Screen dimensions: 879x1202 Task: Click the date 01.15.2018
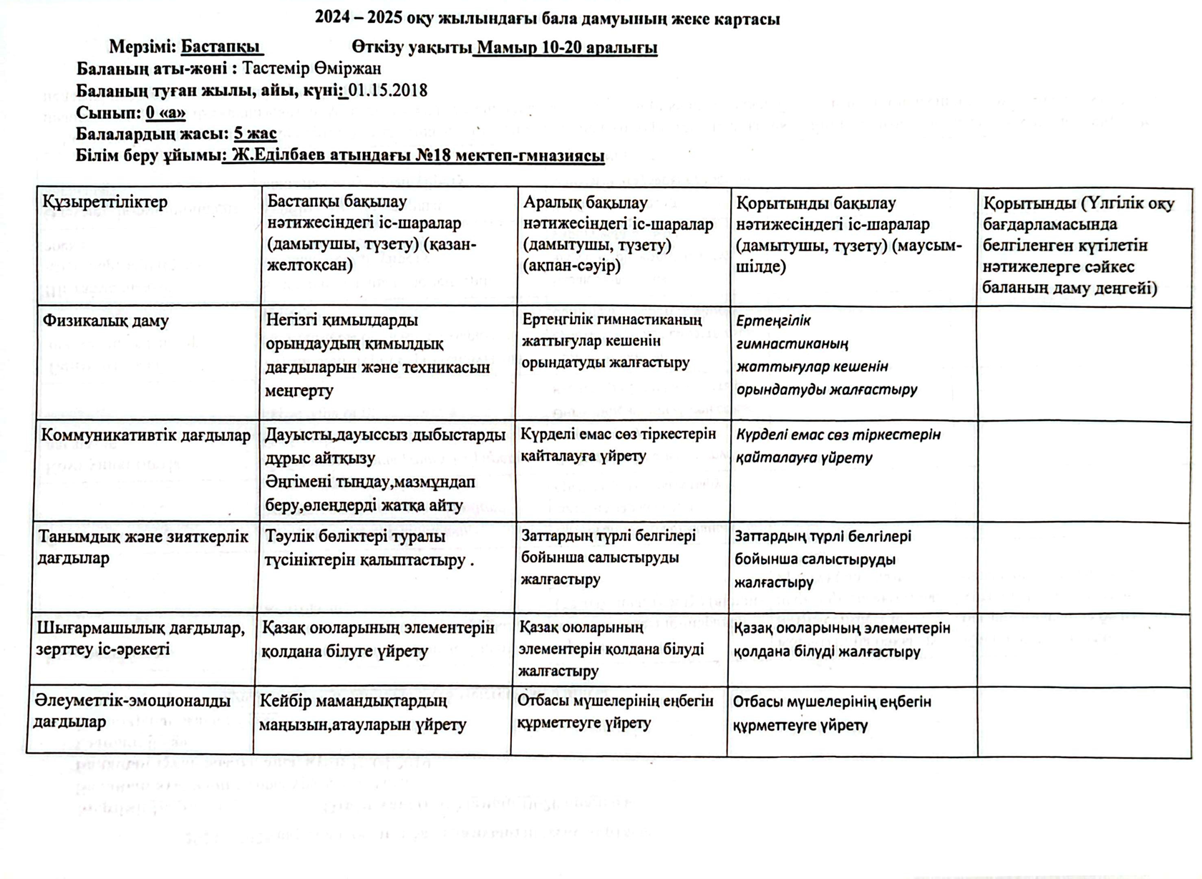click(388, 90)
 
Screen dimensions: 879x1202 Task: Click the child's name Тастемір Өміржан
click(311, 69)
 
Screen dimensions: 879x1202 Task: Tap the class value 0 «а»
click(165, 112)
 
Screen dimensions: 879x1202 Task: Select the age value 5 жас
click(255, 134)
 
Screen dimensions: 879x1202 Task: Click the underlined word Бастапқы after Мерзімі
click(221, 47)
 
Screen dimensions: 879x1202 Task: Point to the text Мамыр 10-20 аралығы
click(566, 48)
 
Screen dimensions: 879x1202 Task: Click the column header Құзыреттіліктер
click(105, 202)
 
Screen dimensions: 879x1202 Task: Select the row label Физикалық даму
click(105, 320)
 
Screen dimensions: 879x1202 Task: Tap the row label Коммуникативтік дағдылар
click(145, 435)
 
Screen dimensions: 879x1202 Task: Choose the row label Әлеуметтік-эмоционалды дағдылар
click(132, 711)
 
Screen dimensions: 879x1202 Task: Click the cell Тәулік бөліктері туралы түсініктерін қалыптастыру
click(369, 548)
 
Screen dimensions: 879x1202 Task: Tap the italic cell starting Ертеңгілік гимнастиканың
click(827, 355)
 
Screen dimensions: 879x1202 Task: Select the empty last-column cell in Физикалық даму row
click(1084, 364)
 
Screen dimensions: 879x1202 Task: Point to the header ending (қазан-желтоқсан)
click(372, 234)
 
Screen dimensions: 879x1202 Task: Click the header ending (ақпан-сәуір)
click(619, 234)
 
